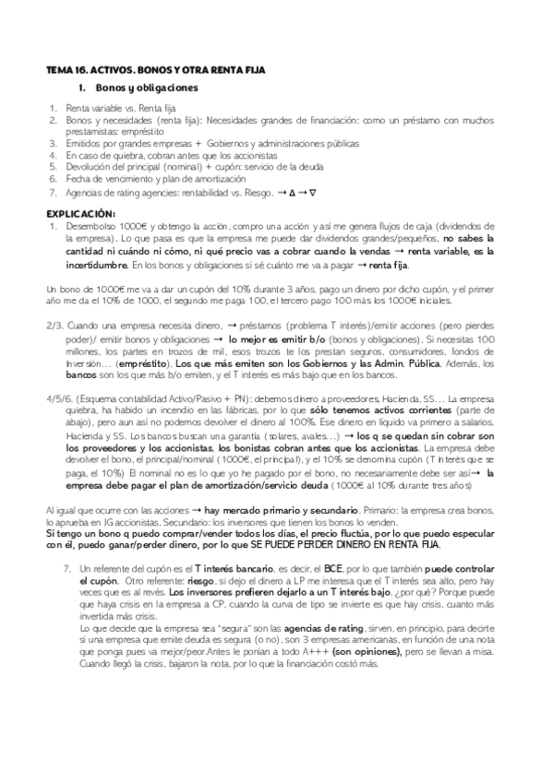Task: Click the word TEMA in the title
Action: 58,68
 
